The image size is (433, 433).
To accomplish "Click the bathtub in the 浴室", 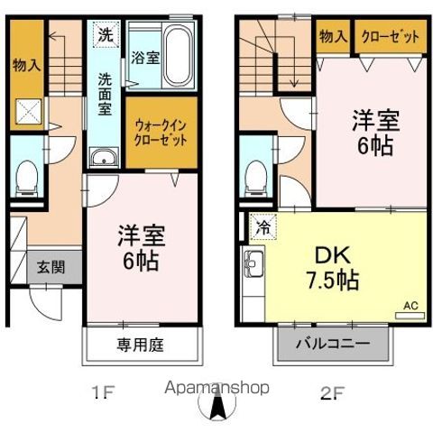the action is click(178, 56).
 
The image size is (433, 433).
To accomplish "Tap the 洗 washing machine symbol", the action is click(106, 34).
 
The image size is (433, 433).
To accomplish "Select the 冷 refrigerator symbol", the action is click(263, 227).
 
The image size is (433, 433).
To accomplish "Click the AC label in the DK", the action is click(410, 306).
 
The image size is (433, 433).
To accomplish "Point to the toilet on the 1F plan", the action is click(27, 179).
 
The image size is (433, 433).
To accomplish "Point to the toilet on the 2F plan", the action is click(256, 179).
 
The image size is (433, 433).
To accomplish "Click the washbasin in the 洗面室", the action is click(104, 156).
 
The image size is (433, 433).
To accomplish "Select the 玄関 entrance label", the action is click(51, 267).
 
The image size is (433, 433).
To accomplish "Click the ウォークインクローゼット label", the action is click(161, 133).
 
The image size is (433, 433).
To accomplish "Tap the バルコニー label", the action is click(333, 344).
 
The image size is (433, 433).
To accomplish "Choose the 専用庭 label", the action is click(140, 345).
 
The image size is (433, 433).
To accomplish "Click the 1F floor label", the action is click(104, 392).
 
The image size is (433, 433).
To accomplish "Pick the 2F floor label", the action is click(332, 392).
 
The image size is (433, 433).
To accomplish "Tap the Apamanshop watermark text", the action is click(216, 388).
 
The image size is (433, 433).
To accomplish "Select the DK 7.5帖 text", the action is click(333, 268).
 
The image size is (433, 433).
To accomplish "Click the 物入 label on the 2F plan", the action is click(334, 37).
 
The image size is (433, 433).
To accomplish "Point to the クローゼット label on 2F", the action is click(391, 37).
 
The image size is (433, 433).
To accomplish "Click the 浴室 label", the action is click(145, 57).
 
